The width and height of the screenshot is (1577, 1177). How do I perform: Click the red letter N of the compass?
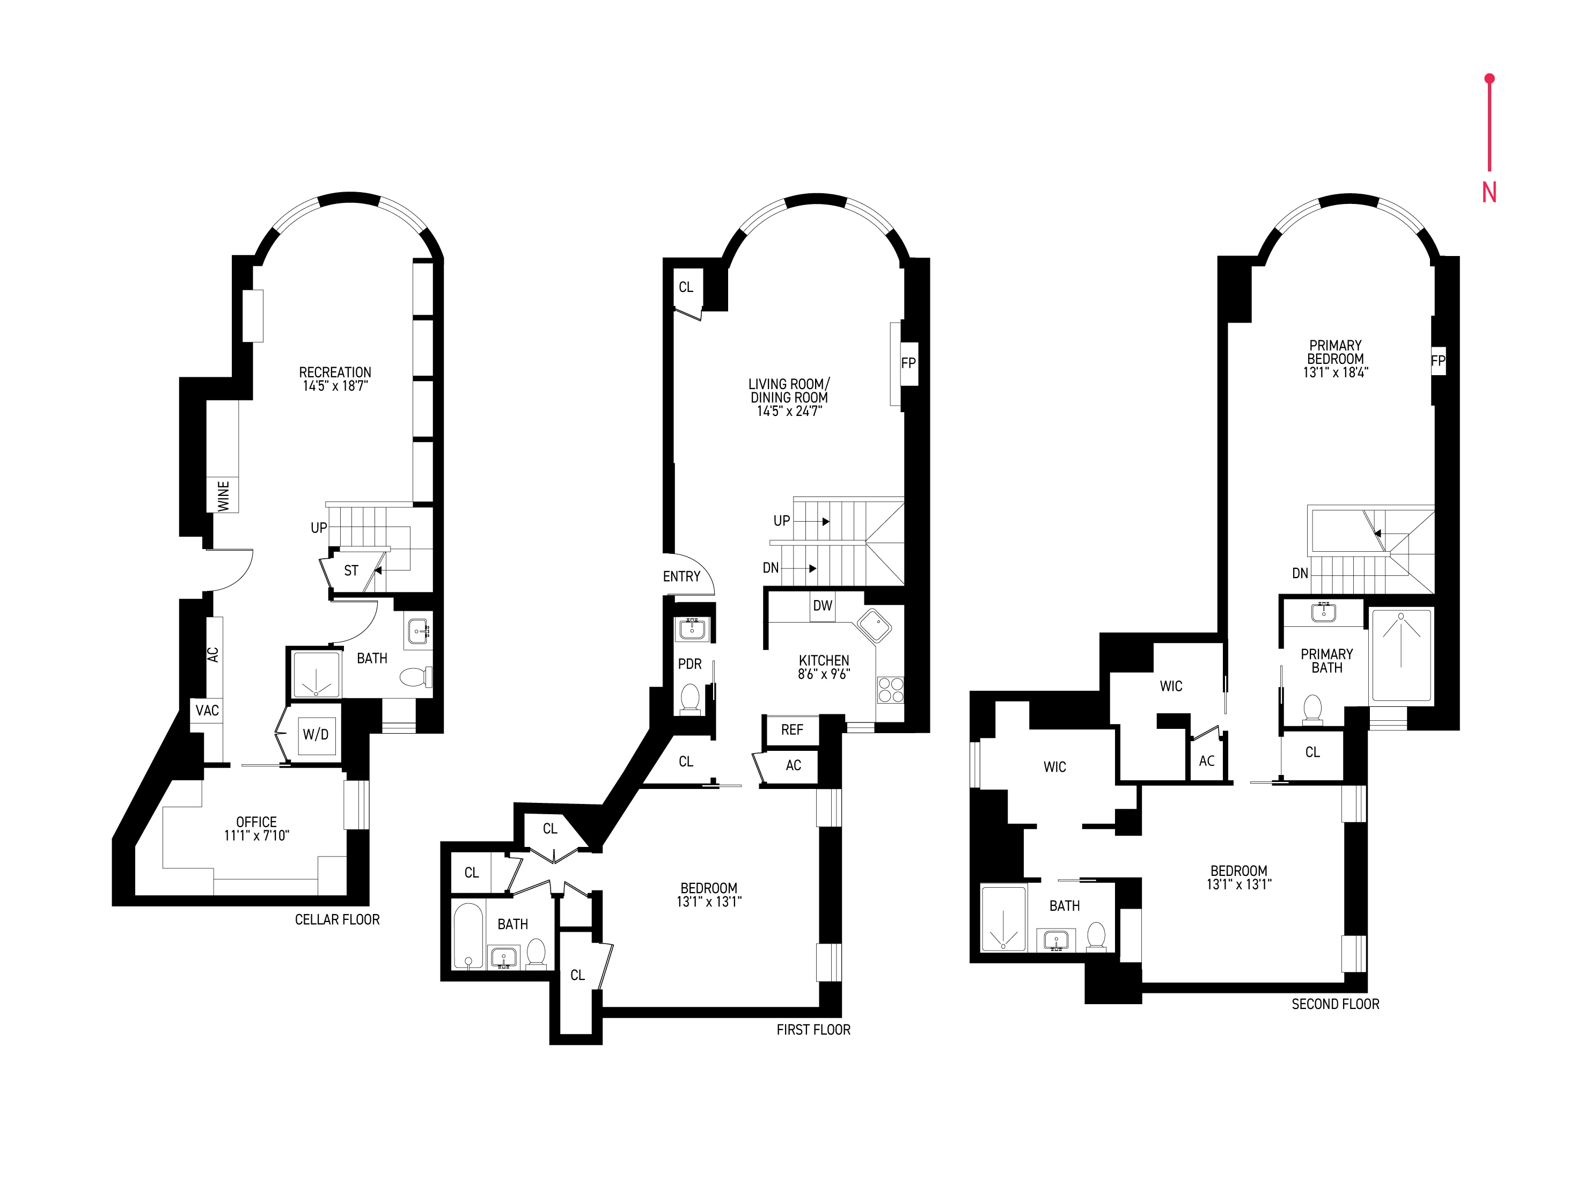click(1488, 192)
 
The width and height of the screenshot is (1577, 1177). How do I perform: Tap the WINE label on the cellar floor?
click(223, 495)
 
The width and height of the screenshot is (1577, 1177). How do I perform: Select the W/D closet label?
click(316, 734)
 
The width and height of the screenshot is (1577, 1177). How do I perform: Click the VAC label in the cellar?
click(207, 710)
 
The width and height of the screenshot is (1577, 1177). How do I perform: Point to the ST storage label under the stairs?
click(351, 571)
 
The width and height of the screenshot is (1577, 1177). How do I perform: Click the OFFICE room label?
click(256, 822)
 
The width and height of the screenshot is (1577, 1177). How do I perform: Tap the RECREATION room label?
click(335, 372)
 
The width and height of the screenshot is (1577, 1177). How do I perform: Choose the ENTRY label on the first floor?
click(681, 576)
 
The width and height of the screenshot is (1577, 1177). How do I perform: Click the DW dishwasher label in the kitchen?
click(822, 605)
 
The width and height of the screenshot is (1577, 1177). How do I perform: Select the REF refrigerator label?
click(791, 729)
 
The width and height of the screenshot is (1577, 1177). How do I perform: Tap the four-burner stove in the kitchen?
click(890, 690)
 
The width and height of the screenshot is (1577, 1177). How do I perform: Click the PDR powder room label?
click(690, 664)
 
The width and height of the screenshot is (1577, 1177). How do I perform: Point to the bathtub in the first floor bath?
click(468, 935)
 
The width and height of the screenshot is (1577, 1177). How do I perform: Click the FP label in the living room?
click(908, 363)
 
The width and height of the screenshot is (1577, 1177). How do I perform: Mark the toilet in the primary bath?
click(1312, 710)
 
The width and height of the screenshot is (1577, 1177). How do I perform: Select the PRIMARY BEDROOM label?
click(1336, 352)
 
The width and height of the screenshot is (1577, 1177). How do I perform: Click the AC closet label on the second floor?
click(1207, 761)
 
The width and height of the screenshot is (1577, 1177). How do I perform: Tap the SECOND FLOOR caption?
click(1336, 1004)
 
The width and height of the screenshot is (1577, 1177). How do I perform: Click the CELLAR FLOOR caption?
click(337, 920)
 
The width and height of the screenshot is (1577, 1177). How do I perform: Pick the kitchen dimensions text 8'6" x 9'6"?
click(824, 674)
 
